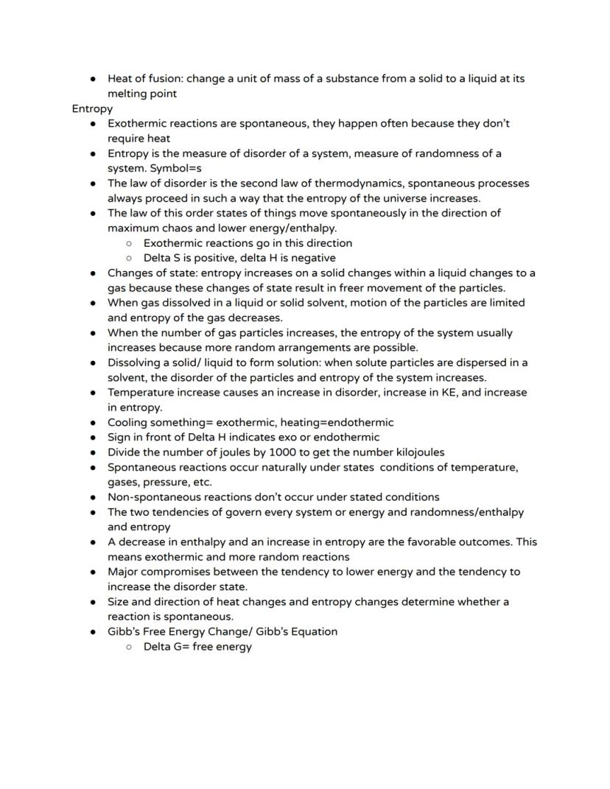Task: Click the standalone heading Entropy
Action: pyautogui.click(x=92, y=108)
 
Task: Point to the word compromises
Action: pyautogui.click(x=177, y=572)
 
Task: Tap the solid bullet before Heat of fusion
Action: pyautogui.click(x=93, y=78)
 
